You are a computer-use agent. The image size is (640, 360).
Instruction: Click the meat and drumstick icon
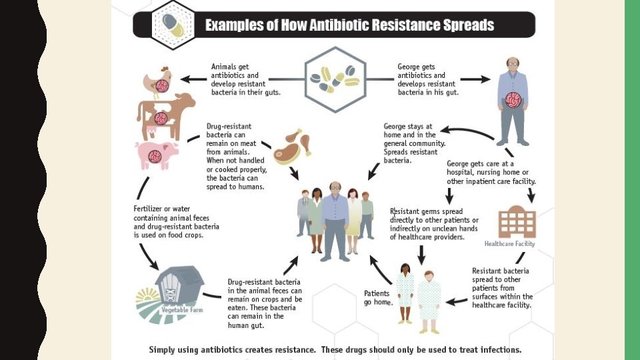(x=292, y=145)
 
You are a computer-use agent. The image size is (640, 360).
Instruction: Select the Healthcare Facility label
(x=509, y=244)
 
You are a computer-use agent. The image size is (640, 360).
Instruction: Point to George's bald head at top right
(x=512, y=64)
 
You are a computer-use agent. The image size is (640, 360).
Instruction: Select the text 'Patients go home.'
(x=378, y=297)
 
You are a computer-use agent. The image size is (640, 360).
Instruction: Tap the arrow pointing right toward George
(x=475, y=79)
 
